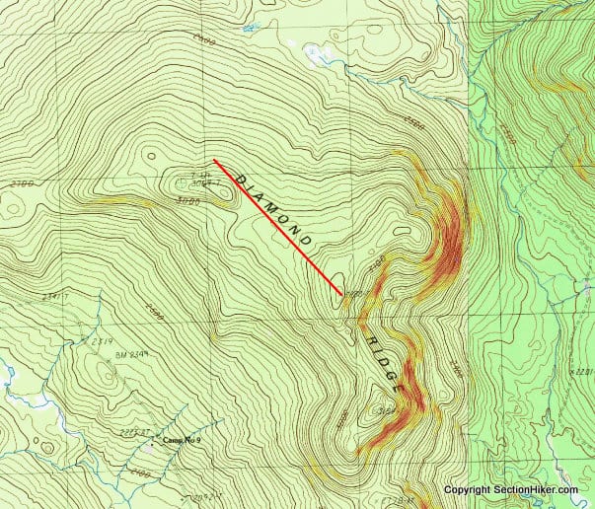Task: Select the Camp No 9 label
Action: [180, 441]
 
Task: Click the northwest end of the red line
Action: [215, 161]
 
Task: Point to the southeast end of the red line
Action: [342, 294]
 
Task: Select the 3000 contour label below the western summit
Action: [187, 201]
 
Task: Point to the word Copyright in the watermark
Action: [466, 490]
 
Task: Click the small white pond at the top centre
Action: [318, 54]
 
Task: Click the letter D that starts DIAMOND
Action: [241, 175]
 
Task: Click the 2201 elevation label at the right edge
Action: [582, 372]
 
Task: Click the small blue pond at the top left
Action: [245, 28]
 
